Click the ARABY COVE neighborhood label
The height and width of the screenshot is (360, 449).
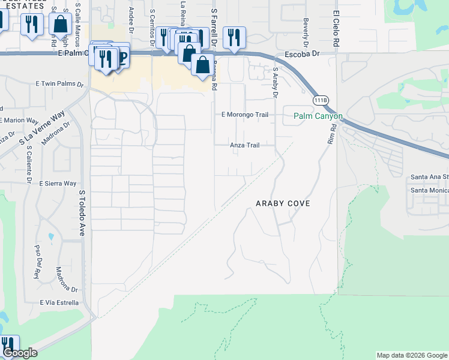283,203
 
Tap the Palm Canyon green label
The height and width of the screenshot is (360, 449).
318,116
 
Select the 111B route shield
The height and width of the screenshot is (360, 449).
316,100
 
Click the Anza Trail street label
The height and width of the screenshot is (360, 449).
245,145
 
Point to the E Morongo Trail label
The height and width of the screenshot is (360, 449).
244,114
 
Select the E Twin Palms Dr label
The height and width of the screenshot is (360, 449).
60,84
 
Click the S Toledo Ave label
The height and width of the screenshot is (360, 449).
83,214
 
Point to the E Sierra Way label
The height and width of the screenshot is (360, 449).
58,183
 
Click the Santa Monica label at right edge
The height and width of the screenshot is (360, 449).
429,190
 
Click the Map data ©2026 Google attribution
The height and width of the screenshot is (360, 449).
411,355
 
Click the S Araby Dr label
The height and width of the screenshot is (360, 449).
276,82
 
